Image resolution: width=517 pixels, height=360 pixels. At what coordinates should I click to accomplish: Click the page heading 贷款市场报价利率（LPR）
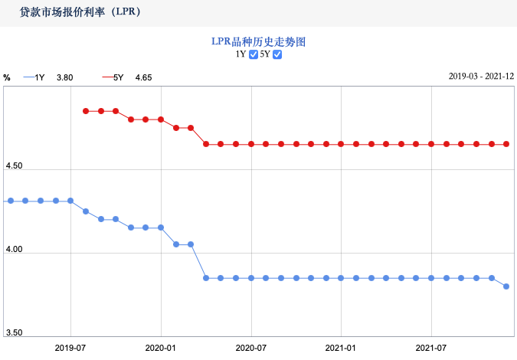80,13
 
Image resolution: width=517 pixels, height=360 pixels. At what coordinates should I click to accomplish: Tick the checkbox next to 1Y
254,54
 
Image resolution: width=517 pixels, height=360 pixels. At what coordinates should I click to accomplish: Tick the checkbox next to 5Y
277,54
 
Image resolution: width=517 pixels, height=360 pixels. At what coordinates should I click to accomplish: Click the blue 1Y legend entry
34,77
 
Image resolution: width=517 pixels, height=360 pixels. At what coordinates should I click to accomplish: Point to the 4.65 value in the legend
143,77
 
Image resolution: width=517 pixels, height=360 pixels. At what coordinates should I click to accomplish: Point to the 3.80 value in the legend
64,77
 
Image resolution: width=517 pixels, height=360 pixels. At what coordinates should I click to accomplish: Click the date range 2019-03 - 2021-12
480,77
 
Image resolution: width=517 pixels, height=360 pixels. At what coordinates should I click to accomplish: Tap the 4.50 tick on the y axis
14,166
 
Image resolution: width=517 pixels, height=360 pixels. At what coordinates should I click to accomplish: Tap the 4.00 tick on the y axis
14,250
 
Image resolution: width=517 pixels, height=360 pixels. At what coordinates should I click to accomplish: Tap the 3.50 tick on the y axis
14,333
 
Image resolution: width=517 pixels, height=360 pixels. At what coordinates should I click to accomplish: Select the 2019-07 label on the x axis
70,348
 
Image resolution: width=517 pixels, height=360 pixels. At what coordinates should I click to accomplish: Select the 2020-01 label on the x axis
161,348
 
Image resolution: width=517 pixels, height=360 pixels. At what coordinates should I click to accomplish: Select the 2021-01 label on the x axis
341,348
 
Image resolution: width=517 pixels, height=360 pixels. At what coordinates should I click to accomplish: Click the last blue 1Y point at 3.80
506,286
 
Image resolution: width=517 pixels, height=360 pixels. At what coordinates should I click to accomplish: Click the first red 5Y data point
86,111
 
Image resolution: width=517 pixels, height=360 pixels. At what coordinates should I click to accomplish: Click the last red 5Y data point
506,144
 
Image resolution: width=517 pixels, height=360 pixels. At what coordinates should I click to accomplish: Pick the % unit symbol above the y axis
7,77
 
